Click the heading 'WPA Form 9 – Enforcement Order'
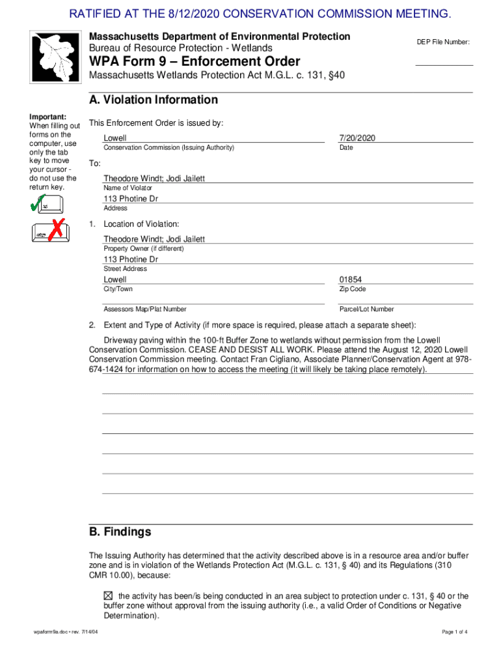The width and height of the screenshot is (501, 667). point(195,62)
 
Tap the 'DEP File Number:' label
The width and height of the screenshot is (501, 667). point(443,42)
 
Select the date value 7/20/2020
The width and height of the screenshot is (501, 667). point(357,138)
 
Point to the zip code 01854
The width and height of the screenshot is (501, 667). point(351,279)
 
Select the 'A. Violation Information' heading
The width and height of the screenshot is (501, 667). point(154,100)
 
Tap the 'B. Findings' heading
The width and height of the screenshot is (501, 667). point(120,532)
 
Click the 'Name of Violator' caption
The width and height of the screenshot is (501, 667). point(128,188)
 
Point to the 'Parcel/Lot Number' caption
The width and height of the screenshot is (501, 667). point(366,309)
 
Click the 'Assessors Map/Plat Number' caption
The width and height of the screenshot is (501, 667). point(145,309)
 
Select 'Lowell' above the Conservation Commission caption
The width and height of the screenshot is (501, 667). point(115,138)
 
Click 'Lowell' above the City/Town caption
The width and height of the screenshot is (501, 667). point(115,279)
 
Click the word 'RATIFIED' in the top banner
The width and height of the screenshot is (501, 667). point(97,14)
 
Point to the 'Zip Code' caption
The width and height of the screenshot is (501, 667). point(352,289)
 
